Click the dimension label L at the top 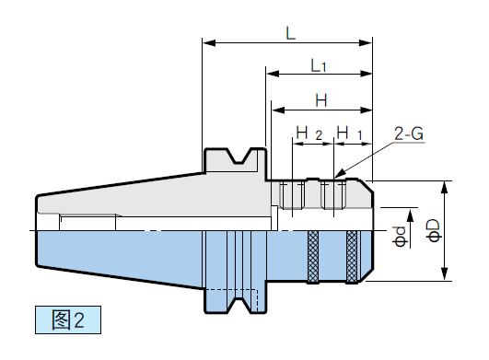pos(291,33)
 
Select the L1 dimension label pos(319,65)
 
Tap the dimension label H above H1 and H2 pos(321,100)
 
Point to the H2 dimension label pos(309,134)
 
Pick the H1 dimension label pos(349,134)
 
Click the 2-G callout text pos(409,134)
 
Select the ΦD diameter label pos(434,231)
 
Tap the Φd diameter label pos(400,237)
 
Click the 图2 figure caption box pos(68,319)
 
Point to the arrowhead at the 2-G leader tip pos(339,174)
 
